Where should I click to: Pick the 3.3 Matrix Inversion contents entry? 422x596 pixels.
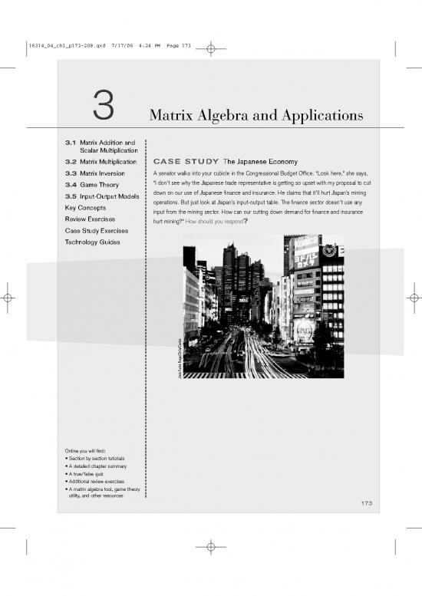click(x=97, y=173)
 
